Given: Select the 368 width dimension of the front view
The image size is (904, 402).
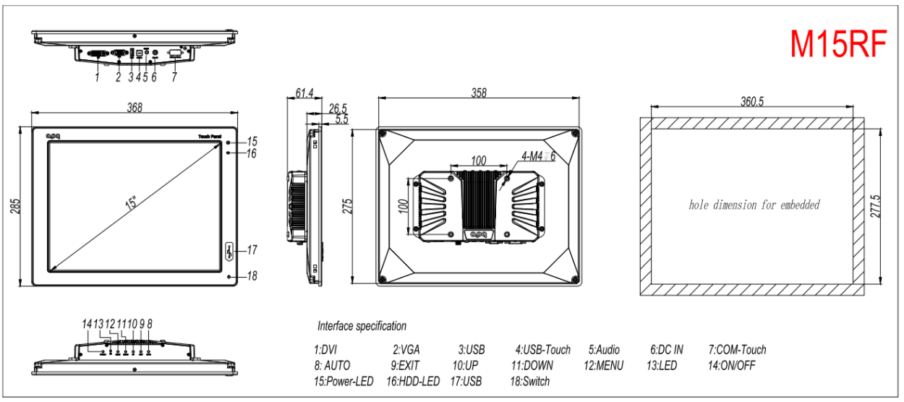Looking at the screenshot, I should [135, 107].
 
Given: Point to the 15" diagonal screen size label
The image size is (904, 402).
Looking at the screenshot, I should [131, 202].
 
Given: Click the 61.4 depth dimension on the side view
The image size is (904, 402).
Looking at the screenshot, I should [304, 93].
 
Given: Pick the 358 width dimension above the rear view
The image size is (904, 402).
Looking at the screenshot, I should [479, 93].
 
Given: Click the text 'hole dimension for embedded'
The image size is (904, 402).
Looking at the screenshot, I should [754, 205].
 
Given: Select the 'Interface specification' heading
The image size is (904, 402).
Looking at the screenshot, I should [362, 326].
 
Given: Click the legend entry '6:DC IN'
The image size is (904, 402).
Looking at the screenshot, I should [666, 350].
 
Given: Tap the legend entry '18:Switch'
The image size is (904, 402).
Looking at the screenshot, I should [529, 381].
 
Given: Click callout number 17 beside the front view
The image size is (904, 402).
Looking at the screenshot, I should [252, 250].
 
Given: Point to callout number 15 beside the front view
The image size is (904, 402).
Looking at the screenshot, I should [252, 141].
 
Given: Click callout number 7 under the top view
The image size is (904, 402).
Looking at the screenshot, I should [174, 77].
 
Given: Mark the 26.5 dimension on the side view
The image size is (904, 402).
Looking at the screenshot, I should [338, 108].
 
